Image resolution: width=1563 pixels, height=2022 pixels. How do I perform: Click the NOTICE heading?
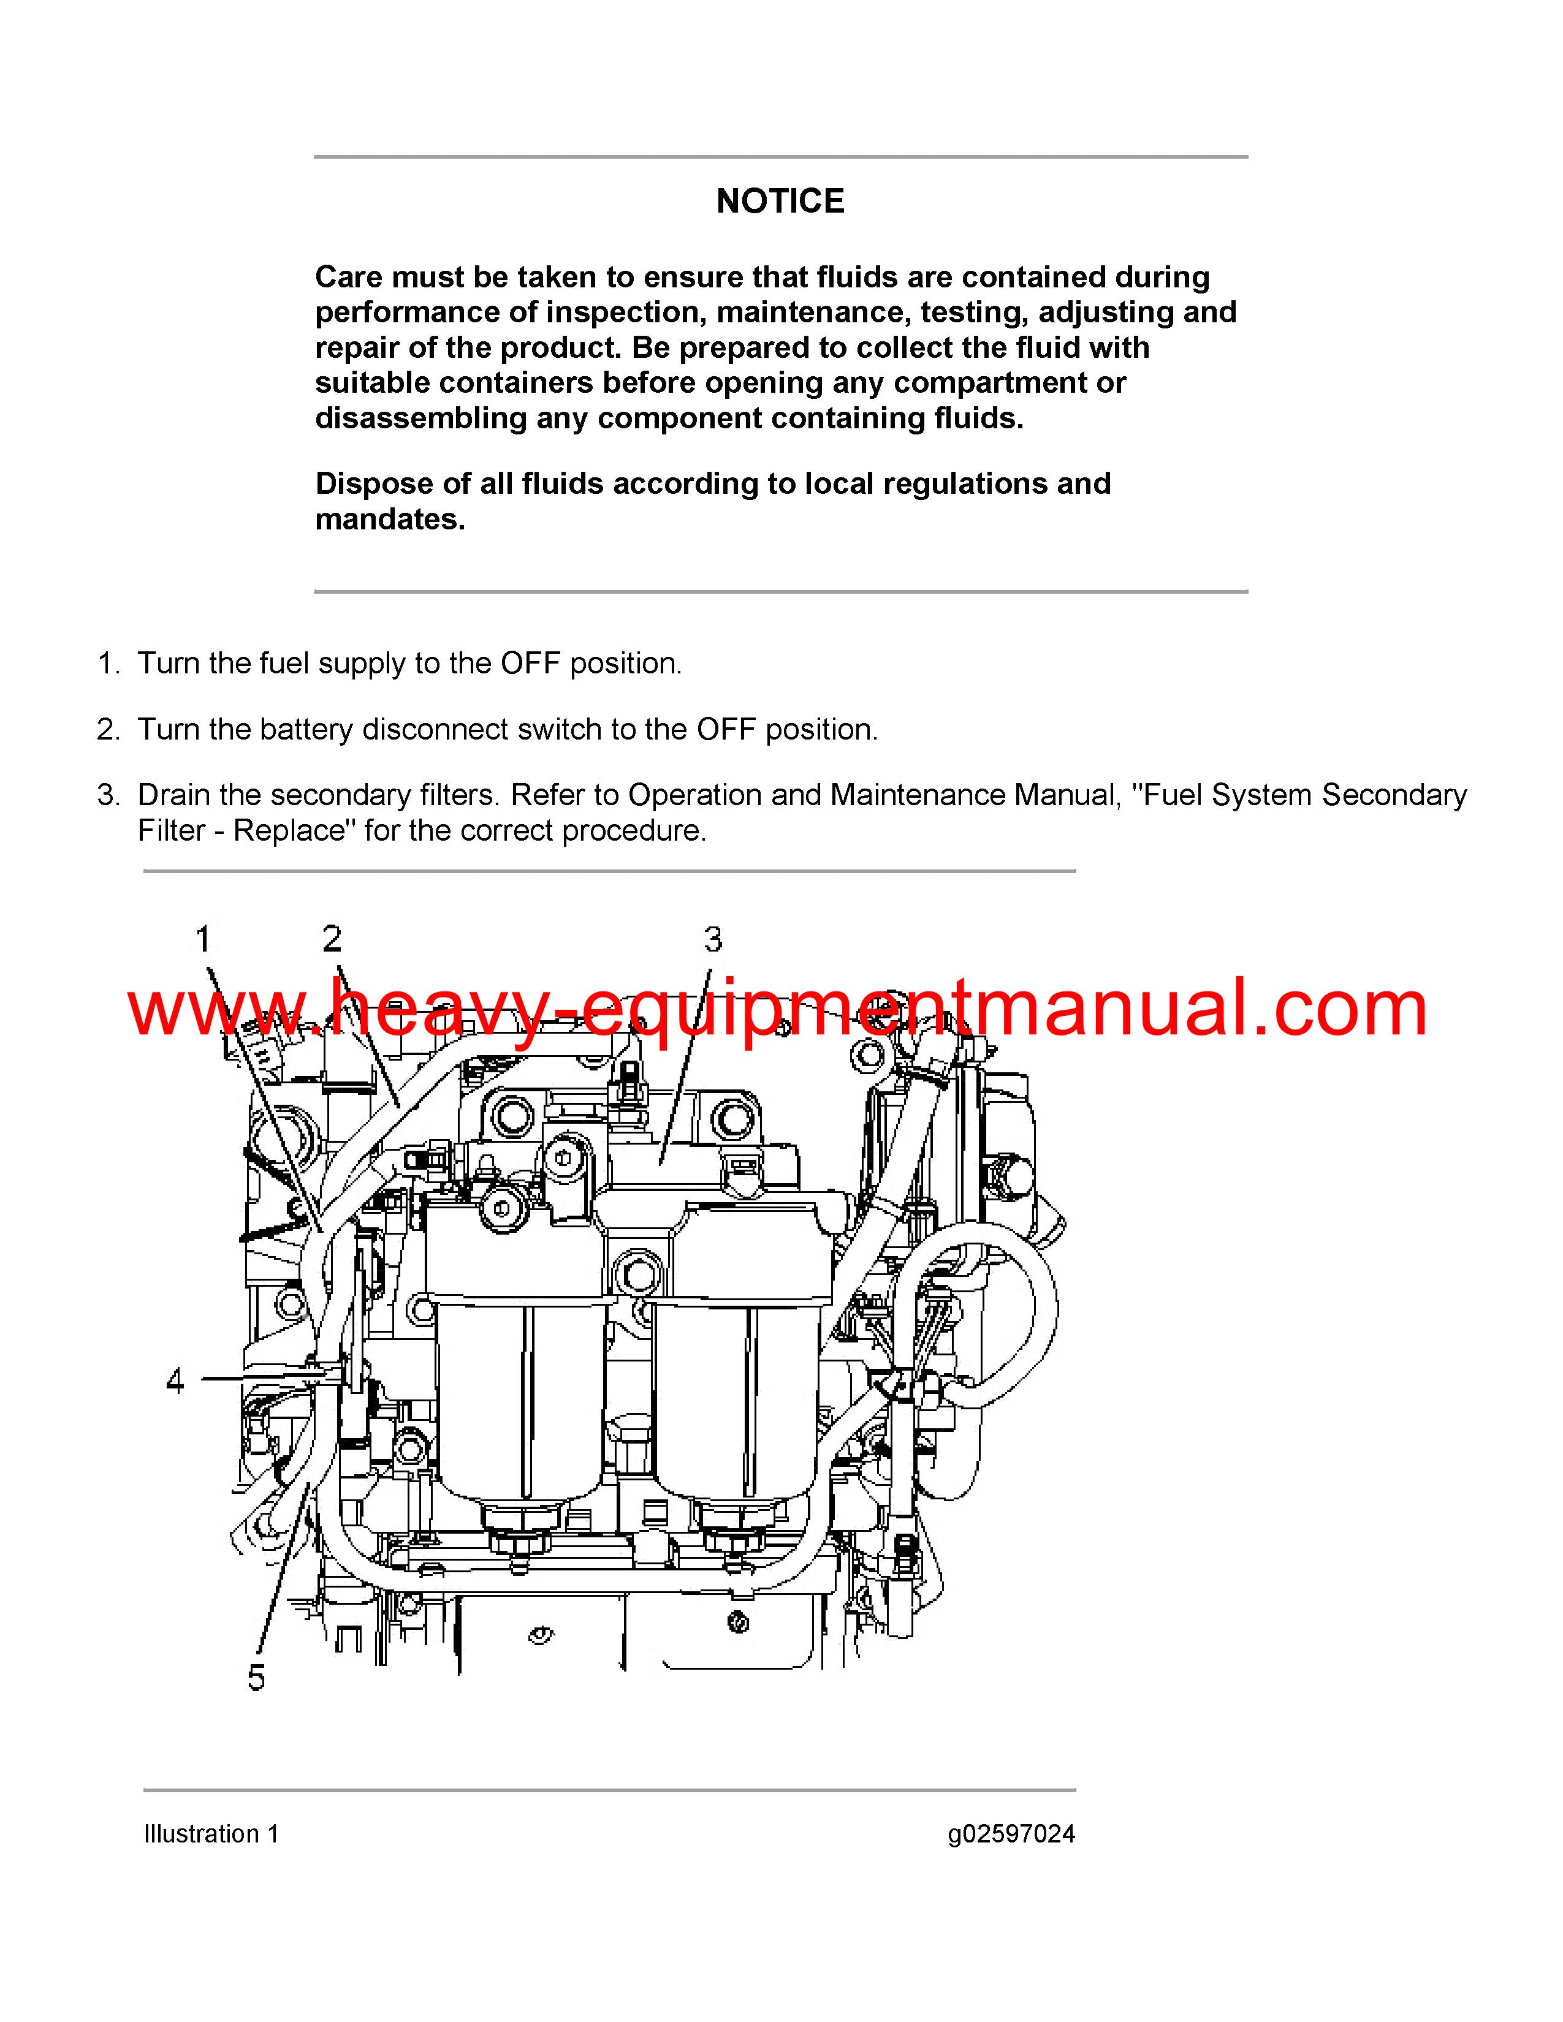780,201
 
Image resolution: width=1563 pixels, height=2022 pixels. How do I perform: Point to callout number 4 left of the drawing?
175,1380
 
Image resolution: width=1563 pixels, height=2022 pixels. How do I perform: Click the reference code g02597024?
1011,1834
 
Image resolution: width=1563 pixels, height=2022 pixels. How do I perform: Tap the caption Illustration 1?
211,1834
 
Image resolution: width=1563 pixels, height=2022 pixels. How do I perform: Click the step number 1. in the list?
109,663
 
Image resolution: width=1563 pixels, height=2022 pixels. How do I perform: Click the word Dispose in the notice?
367,484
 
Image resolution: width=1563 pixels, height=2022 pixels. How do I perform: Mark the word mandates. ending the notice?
390,520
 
